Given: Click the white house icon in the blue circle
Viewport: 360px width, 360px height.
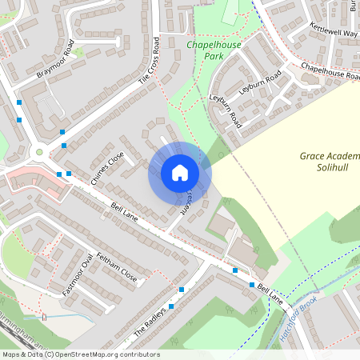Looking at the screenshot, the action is pos(180,173).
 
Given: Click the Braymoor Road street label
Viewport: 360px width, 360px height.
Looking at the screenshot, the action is pos(61,62).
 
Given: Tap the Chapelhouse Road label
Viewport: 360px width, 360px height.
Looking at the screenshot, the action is pos(330,73).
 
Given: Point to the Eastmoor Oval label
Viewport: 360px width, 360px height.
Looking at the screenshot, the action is pos(77,276).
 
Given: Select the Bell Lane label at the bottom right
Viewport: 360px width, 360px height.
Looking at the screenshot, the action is pos(271,294).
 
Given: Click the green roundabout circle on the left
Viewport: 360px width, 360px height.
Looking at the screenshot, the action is pos(38,152).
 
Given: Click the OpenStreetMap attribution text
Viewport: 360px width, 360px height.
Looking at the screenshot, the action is pos(80,354).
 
